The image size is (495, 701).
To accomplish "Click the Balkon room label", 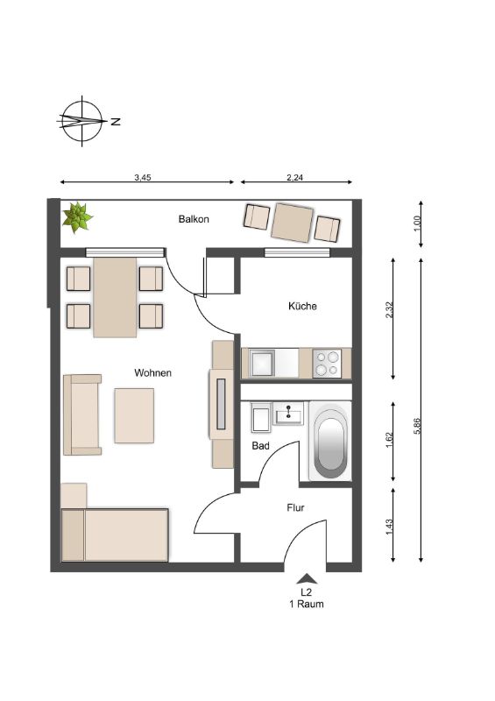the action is pos(194,219).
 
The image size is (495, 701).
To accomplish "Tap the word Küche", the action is pos(302,306).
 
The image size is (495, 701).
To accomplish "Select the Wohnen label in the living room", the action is pos(153,373).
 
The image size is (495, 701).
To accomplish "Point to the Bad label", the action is pos(261,446).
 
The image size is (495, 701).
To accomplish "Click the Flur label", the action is pos(295,508).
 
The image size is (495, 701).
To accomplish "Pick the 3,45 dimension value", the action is pos(143,178).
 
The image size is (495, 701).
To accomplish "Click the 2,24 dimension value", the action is pos(294,178).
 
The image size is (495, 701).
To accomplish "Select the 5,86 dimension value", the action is pos(417,426).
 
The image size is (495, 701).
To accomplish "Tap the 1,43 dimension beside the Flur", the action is pos(389,528).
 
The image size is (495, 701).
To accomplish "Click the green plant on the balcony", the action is pos(77,217).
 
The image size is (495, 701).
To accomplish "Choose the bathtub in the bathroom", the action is pos(330,441).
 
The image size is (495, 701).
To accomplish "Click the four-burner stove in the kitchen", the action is pos(327,363).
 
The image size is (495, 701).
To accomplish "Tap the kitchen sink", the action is pos(262,363).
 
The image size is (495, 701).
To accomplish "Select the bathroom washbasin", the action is pos(288,413).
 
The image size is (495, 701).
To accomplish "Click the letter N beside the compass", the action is pos(116,121).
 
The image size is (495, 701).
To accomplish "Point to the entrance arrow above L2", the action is pos(307,578).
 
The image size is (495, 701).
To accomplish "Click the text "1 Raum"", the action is pos(307,604).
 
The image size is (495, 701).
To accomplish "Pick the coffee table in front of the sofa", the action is pos(134,415).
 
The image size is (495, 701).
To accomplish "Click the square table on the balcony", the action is pos(293,223).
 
